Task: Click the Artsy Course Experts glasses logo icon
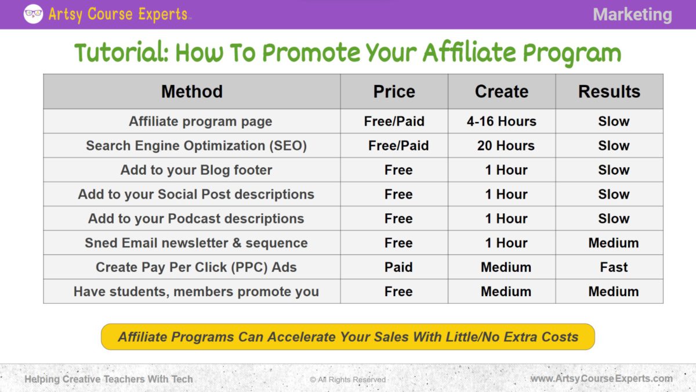33,14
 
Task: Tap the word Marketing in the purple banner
632,15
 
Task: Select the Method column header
192,92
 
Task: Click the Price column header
394,92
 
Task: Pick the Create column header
502,92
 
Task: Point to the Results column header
609,92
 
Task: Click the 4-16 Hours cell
502,121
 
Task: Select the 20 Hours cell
506,146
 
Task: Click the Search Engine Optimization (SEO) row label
196,146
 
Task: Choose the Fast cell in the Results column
614,267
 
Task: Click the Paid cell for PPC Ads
398,267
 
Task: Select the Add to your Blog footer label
196,170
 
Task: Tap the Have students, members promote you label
196,292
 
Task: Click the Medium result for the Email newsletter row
614,243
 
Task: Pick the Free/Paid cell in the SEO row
398,146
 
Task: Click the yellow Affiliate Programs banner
348,337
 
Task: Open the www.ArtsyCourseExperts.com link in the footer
601,379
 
